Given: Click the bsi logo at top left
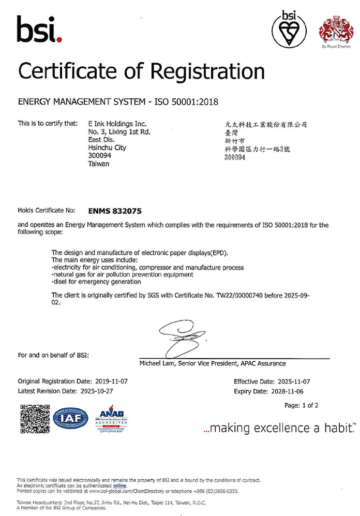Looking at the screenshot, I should pyautogui.click(x=39, y=29).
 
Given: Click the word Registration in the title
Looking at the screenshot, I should pyautogui.click(x=203, y=71).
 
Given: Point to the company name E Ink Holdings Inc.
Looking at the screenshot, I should pyautogui.click(x=117, y=124).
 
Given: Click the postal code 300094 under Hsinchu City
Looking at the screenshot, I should pyautogui.click(x=100, y=156).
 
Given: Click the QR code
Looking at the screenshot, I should pyautogui.click(x=34, y=418).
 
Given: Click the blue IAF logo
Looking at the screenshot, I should pyautogui.click(x=72, y=418).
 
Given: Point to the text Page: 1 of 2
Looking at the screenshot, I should pyautogui.click(x=301, y=405).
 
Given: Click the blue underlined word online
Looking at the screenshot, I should pyautogui.click(x=119, y=486).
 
